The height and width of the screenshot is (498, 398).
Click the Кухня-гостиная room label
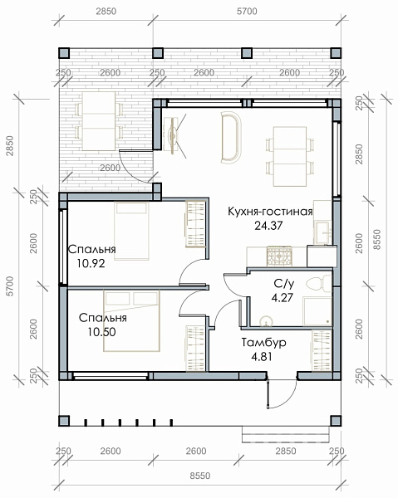point(270,212)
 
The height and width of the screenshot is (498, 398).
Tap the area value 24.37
point(268,226)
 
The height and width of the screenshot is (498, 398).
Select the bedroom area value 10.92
point(91,263)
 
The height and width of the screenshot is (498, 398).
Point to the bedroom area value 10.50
point(101,332)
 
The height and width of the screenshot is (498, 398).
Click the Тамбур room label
point(264,342)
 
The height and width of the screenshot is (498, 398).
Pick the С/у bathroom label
point(282,283)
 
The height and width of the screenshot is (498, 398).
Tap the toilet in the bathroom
point(319,283)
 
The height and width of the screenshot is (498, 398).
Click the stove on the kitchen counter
point(279,256)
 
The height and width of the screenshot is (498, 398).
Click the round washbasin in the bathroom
point(266,321)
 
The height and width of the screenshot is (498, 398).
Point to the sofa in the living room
point(231,137)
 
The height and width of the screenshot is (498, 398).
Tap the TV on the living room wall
point(173,136)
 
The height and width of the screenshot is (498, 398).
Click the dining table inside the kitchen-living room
point(290,156)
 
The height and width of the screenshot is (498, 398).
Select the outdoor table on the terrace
point(99,121)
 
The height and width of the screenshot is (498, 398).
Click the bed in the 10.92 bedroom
point(131,231)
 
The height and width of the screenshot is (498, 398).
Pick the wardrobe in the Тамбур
point(322,350)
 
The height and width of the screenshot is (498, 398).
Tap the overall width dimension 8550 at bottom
point(200,476)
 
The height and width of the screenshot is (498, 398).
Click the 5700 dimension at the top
point(247,11)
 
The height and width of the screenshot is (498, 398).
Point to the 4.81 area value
point(262,357)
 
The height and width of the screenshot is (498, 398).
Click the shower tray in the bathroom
point(317,311)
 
